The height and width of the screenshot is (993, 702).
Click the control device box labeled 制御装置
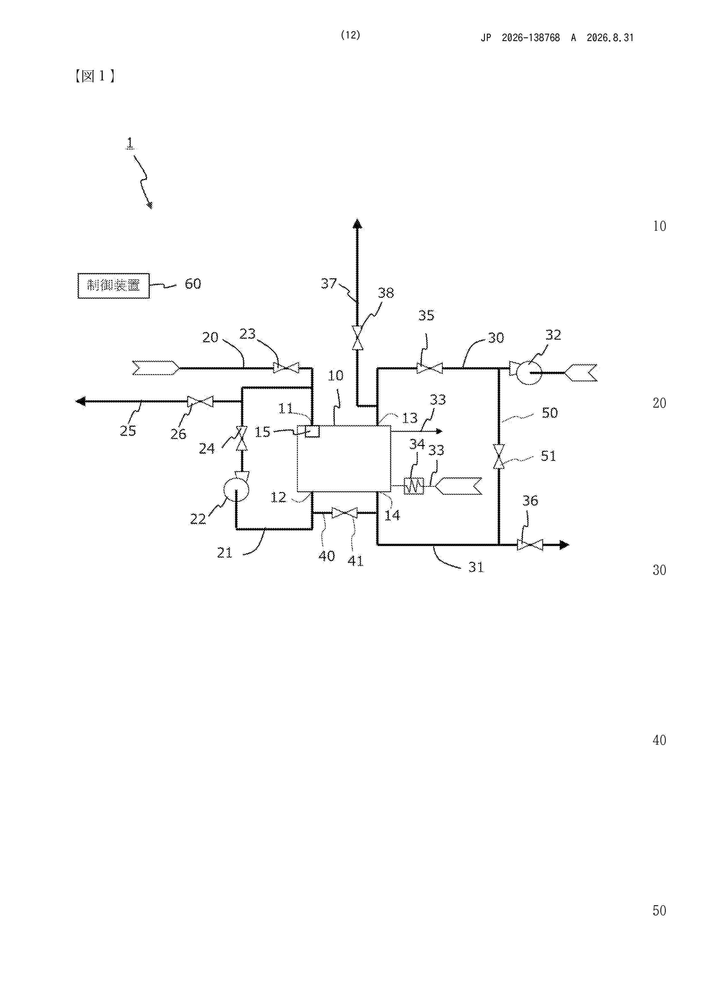113,285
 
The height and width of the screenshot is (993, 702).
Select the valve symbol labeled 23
286,368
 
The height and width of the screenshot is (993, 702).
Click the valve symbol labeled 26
200,401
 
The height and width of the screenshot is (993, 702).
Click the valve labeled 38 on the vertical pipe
357,337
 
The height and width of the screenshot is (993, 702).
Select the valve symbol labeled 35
429,368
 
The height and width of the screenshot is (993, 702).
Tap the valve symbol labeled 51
499,456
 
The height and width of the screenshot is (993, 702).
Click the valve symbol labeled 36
530,545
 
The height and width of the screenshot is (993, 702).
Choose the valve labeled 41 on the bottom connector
344,513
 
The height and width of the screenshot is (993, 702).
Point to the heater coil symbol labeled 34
414,486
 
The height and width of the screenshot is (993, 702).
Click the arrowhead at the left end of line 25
80,401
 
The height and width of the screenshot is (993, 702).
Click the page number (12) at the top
350,35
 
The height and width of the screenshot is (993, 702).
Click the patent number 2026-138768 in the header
531,38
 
